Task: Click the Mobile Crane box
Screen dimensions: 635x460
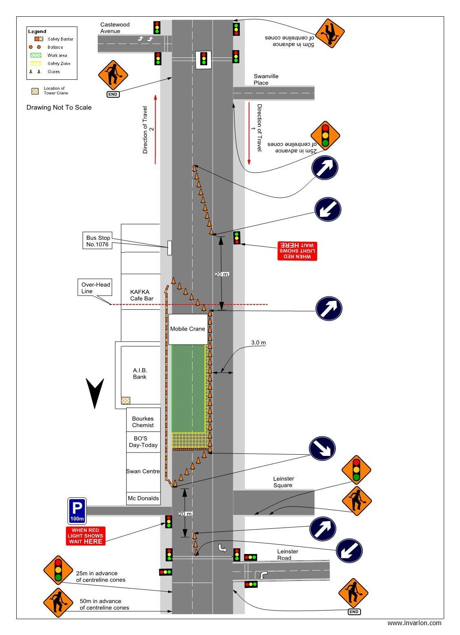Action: click(x=188, y=329)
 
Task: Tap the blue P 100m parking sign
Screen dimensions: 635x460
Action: click(x=77, y=511)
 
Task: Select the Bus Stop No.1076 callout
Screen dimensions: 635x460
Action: click(x=98, y=241)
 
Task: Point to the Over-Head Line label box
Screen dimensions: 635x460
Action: click(x=95, y=288)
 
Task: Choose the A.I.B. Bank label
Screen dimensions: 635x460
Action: click(x=140, y=373)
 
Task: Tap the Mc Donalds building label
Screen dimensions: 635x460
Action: click(x=143, y=498)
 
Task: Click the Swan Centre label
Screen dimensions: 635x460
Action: click(x=143, y=471)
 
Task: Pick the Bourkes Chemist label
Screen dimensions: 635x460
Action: click(x=143, y=422)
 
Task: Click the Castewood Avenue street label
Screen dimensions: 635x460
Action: click(x=115, y=28)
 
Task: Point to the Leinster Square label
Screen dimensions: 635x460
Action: click(x=283, y=482)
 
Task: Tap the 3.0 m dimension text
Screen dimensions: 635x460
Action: click(x=258, y=343)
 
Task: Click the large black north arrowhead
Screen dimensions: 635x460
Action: click(x=95, y=392)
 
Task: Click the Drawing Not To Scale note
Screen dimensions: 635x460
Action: click(x=59, y=107)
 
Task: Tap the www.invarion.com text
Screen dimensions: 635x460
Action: click(x=414, y=623)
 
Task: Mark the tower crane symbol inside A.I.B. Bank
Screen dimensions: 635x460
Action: click(x=126, y=401)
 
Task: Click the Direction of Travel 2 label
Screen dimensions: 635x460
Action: click(x=148, y=130)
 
